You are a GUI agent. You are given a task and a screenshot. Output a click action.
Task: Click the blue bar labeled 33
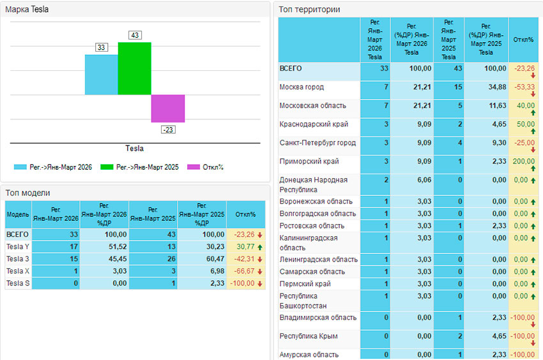(x=102, y=74)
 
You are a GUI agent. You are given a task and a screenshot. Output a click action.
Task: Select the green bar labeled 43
(x=134, y=68)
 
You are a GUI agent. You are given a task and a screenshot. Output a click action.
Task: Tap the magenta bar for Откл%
(x=168, y=109)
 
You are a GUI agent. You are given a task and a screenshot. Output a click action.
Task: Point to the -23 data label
(x=168, y=130)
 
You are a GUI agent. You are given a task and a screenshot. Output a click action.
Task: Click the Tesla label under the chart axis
(x=134, y=149)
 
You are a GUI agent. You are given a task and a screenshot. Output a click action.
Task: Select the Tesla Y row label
(x=18, y=246)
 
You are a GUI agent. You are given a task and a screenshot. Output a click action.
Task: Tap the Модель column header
(x=18, y=214)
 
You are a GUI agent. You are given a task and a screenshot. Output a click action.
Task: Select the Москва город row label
(x=302, y=87)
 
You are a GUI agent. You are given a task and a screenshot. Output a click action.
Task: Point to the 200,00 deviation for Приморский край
(x=523, y=161)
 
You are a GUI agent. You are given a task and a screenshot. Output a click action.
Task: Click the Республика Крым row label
(x=309, y=336)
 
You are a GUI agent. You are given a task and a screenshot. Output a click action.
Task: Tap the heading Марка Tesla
(x=27, y=10)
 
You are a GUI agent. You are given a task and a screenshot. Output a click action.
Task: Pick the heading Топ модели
(x=27, y=193)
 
